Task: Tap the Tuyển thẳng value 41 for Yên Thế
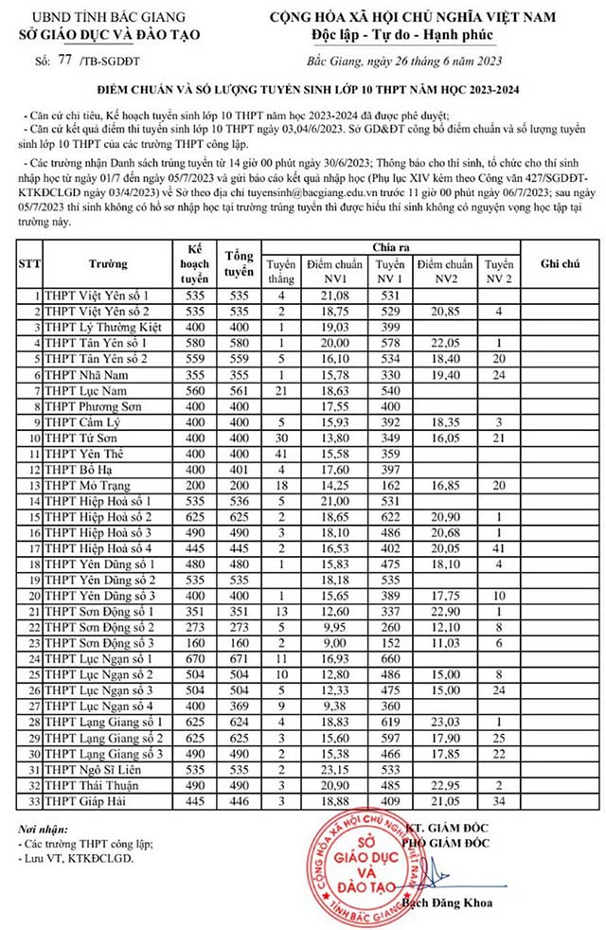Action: (x=281, y=450)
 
